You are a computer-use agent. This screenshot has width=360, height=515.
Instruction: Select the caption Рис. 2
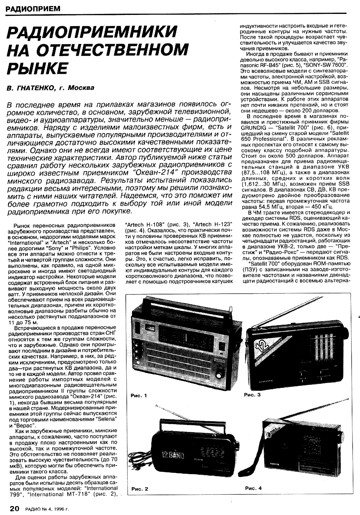pos(139,489)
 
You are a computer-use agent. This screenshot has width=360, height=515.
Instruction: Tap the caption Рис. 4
pos(253,488)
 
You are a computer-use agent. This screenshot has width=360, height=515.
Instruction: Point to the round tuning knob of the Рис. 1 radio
pos(219,375)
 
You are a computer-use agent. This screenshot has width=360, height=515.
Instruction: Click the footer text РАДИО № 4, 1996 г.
pos(46,509)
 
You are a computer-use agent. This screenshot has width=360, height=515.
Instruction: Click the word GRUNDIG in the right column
pos(253,127)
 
